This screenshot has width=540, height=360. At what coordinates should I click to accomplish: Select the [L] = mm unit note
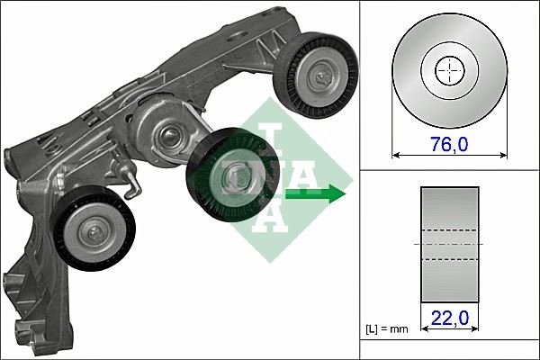coord(387,329)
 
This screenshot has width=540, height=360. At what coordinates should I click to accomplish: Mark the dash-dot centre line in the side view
coord(449,245)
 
